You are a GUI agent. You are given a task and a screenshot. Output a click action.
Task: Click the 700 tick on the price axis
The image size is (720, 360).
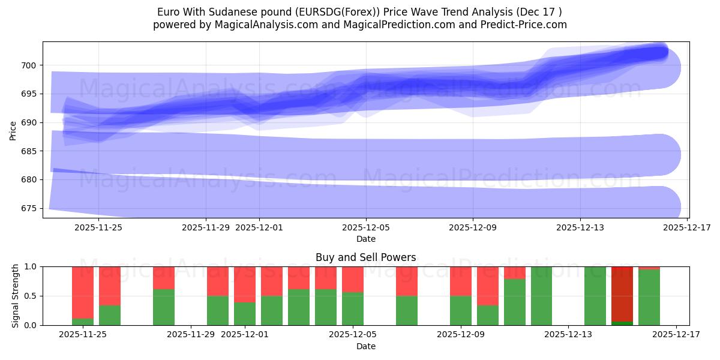pos(29,65)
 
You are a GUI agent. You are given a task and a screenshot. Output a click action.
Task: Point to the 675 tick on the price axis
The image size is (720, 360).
pos(29,208)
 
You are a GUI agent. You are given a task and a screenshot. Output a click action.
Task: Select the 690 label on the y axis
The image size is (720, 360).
pos(29,122)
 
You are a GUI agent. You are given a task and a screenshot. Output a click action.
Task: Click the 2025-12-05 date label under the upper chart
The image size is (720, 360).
pos(366,227)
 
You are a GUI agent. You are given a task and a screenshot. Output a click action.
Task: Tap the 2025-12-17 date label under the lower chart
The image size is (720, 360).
pos(676,335)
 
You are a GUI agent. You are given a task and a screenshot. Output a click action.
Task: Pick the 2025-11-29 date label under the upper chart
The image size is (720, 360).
pos(206,227)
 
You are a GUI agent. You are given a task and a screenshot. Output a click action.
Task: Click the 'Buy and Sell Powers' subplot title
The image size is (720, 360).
pos(365,257)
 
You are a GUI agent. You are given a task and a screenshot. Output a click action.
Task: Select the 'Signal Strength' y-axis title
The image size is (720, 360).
pos(15,296)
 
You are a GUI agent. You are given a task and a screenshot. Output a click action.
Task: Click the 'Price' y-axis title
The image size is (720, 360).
pos(13,130)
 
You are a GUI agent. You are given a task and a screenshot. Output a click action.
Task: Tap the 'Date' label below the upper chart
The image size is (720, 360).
pos(365,239)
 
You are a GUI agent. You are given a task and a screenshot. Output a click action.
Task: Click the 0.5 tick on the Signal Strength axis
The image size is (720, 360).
pos(29,296)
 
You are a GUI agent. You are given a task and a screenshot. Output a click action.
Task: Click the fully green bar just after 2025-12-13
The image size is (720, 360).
pos(595,296)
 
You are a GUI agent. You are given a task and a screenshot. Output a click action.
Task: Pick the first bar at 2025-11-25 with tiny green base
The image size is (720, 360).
pos(83,294)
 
